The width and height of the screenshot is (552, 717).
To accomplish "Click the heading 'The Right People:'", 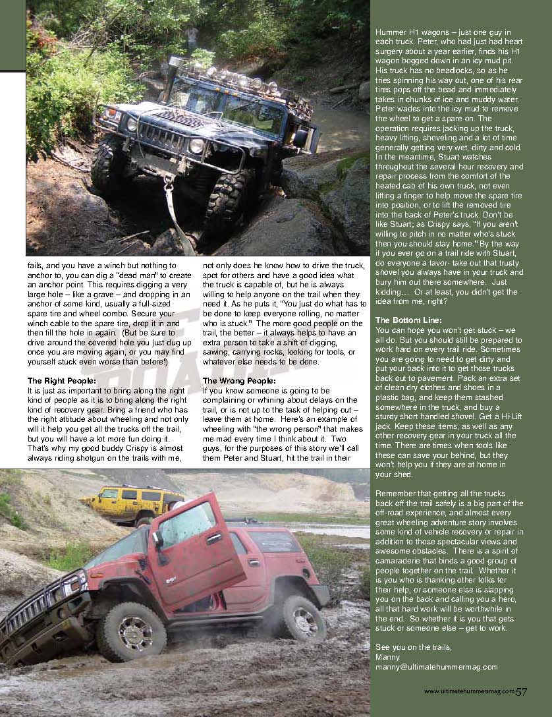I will coord(62,381).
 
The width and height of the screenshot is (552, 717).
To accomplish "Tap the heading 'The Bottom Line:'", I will coord(408,320).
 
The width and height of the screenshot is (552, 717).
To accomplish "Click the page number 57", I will coord(522,691).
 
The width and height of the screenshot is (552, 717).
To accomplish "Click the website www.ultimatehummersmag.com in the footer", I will coord(468,692).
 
